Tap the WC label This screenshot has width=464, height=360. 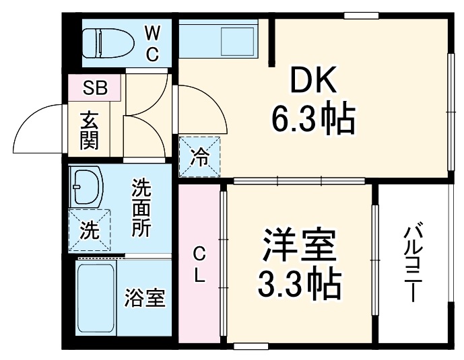pyautogui.click(x=152, y=42)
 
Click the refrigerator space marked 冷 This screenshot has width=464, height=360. pyautogui.click(x=199, y=157)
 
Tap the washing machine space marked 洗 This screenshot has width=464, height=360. pyautogui.click(x=88, y=229)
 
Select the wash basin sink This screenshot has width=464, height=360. pyautogui.click(x=86, y=186)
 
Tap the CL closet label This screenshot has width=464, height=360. pyautogui.click(x=199, y=264)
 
